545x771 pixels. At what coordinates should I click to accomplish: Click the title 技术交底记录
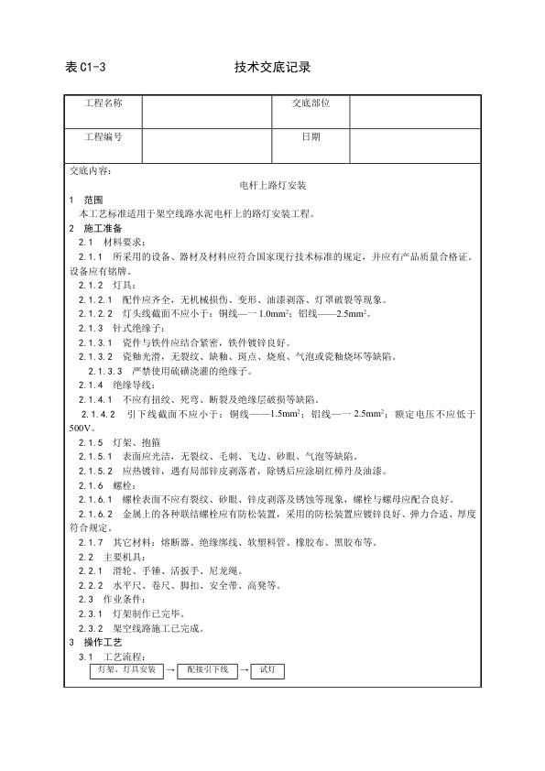click(x=273, y=67)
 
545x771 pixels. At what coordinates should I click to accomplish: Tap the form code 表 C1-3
click(x=87, y=67)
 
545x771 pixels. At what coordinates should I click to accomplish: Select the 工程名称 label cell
click(x=104, y=103)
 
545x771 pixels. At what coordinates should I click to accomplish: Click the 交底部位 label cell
click(x=311, y=103)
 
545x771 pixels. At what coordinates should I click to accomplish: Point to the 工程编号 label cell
click(x=104, y=137)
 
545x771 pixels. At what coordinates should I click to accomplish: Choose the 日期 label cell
click(x=311, y=137)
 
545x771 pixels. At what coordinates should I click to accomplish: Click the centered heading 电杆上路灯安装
click(x=272, y=184)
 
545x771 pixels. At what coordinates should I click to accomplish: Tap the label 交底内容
click(x=91, y=170)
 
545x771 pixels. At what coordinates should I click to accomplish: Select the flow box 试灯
click(x=267, y=671)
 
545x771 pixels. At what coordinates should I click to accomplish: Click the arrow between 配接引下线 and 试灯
click(x=243, y=672)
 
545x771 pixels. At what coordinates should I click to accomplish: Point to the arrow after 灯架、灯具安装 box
click(x=170, y=672)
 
